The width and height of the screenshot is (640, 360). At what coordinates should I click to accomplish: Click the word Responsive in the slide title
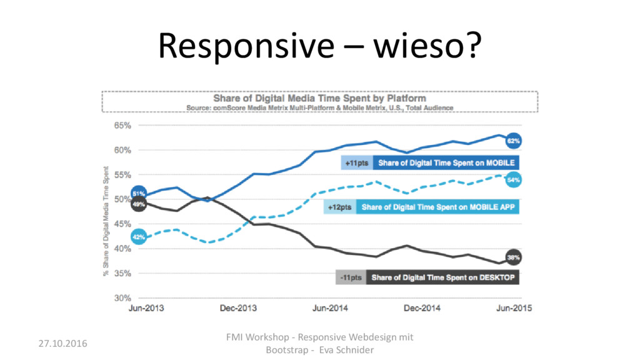(x=246, y=46)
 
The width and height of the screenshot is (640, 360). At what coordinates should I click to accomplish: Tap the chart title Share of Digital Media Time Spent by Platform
(x=319, y=98)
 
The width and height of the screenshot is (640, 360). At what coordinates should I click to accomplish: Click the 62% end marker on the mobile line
(x=513, y=141)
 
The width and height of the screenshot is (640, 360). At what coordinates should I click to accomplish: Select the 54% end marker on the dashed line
(x=513, y=179)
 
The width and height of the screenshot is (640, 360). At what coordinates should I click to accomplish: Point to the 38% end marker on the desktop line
(x=513, y=257)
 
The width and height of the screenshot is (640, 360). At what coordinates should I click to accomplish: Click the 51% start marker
(x=139, y=194)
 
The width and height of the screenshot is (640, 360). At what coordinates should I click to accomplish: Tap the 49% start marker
(x=139, y=204)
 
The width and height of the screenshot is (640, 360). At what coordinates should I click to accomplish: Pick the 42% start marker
(x=139, y=237)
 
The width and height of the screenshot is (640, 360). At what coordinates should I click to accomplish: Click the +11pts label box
(x=357, y=163)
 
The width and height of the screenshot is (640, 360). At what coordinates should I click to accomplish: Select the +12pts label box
(x=339, y=207)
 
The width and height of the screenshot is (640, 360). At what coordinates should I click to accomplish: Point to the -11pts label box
(x=351, y=277)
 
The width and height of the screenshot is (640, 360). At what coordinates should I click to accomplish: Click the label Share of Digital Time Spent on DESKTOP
(x=443, y=277)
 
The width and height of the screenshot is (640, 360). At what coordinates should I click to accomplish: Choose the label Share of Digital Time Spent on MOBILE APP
(x=438, y=207)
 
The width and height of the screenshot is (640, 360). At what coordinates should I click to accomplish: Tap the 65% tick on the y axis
(x=122, y=125)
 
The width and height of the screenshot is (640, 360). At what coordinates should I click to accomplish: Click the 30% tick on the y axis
(x=122, y=298)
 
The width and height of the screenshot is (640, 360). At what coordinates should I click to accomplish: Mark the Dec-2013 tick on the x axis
(x=238, y=308)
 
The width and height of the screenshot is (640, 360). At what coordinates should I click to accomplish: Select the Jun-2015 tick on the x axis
(x=514, y=308)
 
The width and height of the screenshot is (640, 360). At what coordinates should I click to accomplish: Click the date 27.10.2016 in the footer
(x=63, y=344)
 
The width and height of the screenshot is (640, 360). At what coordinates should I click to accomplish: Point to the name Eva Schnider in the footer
(x=346, y=350)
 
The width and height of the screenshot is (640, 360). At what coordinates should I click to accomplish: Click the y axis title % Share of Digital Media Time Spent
(x=106, y=221)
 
